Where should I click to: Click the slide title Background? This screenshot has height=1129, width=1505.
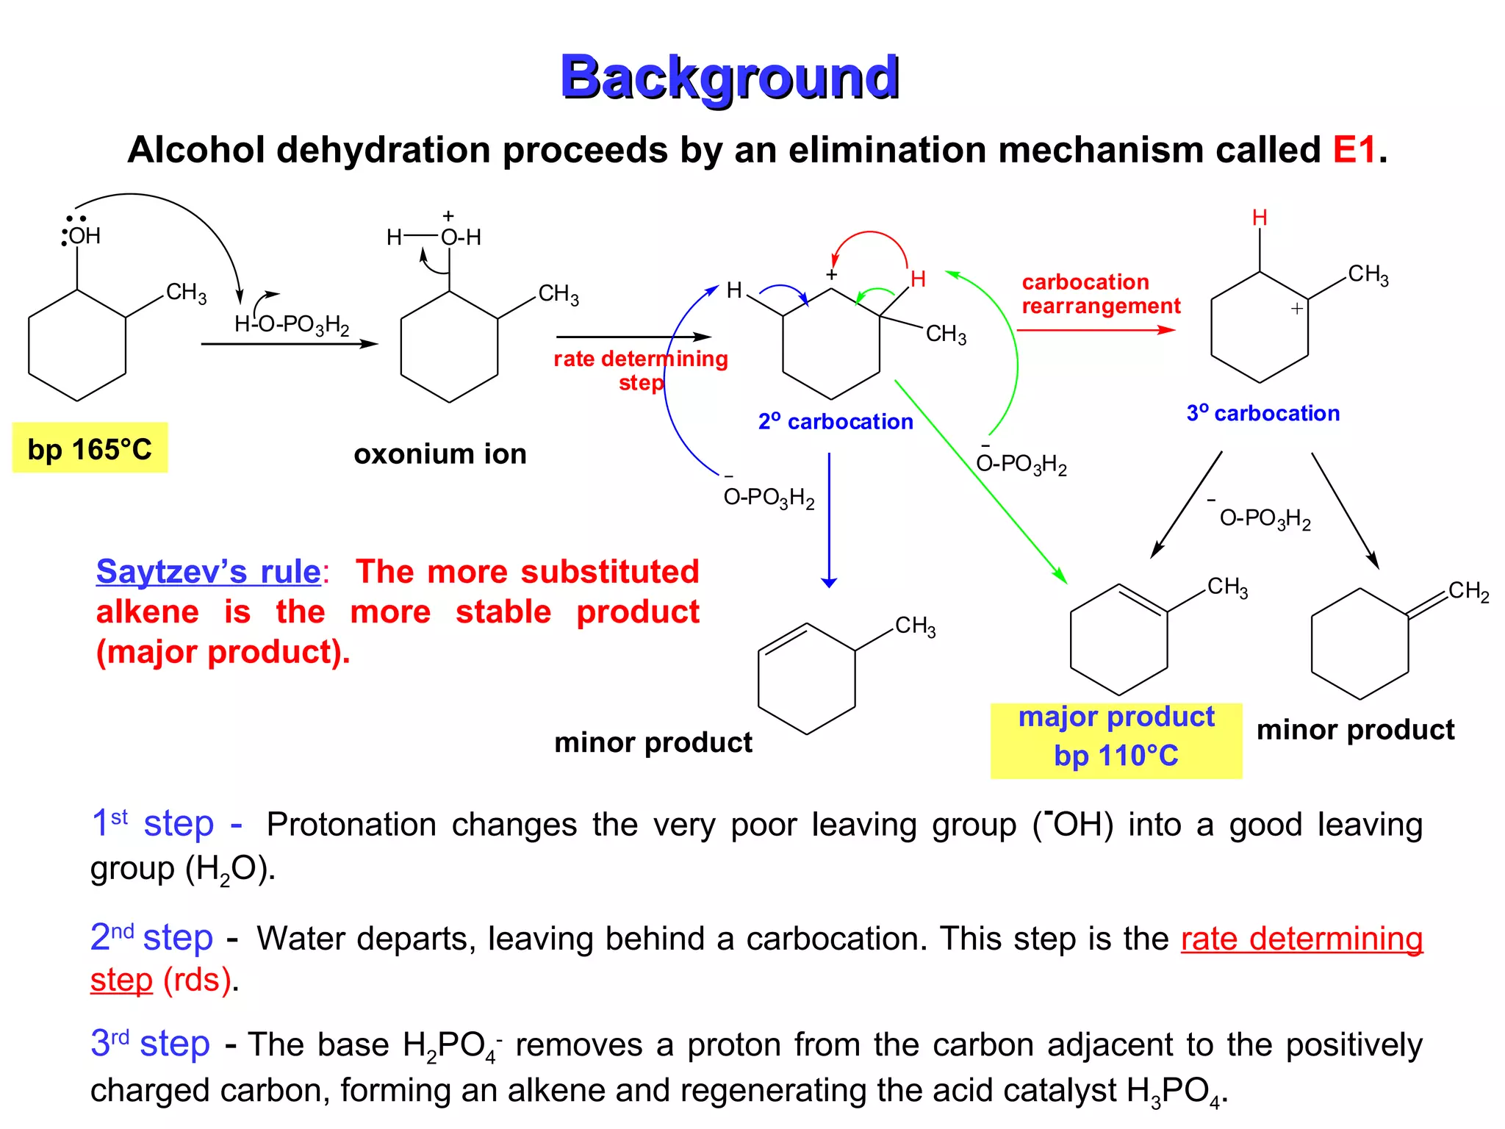click(x=730, y=78)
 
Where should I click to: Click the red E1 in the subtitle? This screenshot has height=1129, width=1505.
click(x=1354, y=150)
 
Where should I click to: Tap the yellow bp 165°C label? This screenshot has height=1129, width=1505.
click(x=90, y=448)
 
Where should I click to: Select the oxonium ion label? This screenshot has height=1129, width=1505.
click(x=440, y=454)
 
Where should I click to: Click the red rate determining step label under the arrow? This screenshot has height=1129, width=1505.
click(x=641, y=370)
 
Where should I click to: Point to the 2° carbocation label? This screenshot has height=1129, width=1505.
click(x=836, y=421)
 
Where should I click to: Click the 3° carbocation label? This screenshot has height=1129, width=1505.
click(x=1263, y=413)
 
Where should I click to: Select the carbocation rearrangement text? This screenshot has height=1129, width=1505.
click(x=1101, y=293)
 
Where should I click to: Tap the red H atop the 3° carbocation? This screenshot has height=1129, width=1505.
click(x=1260, y=218)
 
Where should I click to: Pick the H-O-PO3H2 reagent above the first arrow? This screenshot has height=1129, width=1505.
click(x=292, y=324)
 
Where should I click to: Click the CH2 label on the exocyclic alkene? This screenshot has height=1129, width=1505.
click(x=1468, y=591)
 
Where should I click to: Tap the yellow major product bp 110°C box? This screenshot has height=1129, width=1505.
click(x=1116, y=740)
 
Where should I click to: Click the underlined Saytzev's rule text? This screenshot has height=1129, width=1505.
click(x=209, y=571)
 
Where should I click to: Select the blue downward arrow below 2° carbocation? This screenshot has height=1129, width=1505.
click(x=830, y=520)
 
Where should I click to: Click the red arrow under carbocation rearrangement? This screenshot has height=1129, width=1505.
click(x=1096, y=330)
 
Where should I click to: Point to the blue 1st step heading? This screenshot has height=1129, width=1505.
click(x=167, y=823)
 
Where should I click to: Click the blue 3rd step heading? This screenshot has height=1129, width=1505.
click(x=151, y=1044)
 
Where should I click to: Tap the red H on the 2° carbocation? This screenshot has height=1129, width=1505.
click(x=918, y=279)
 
